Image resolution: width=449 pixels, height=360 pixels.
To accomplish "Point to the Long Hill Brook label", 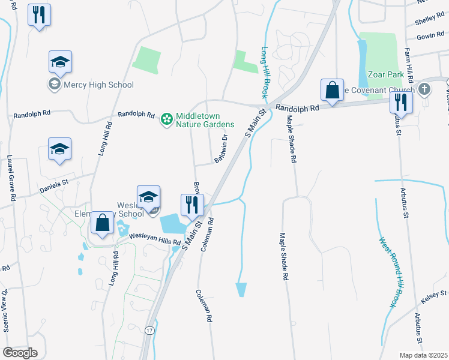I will click(265, 72).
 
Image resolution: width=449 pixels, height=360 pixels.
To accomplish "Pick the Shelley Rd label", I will click(429, 20).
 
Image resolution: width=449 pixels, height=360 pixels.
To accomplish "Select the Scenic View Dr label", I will click(5, 311).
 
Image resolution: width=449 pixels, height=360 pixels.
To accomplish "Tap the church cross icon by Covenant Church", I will click(425, 91).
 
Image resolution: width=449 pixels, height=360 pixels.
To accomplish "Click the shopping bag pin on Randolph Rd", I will click(332, 91).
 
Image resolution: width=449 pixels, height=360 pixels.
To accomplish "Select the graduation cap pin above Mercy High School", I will click(60, 62).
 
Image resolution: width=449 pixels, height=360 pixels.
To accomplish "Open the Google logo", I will click(20, 353).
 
